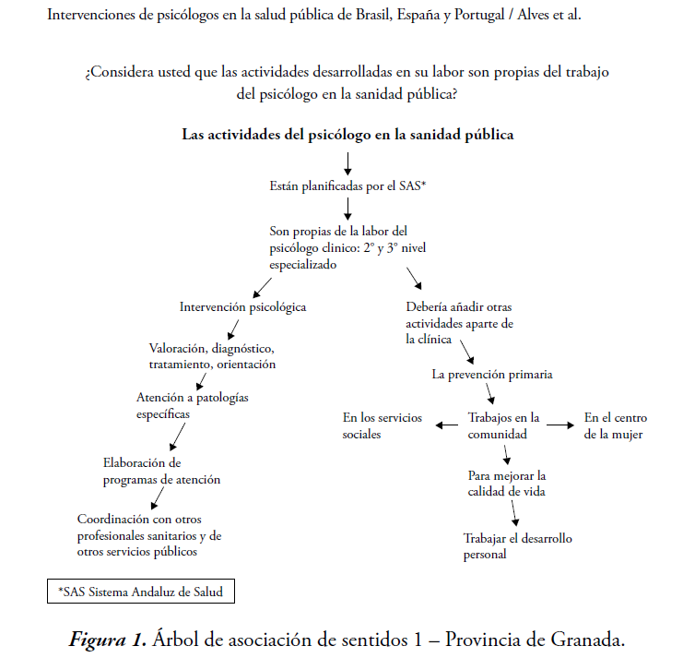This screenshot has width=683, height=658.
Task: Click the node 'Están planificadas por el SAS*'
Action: click(347, 185)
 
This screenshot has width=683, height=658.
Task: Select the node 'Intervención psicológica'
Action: click(242, 306)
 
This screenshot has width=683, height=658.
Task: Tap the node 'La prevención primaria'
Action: click(492, 375)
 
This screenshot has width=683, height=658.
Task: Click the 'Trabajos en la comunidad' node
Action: click(503, 425)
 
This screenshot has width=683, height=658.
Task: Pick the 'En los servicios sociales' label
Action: click(383, 425)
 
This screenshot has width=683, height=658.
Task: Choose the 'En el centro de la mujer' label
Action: click(613, 425)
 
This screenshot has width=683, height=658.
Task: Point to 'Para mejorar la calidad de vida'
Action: click(506, 483)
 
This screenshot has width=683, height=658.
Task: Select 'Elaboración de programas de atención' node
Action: click(161, 471)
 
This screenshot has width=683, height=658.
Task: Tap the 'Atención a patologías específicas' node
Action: click(192, 405)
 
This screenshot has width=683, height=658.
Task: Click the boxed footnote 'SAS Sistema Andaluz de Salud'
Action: click(140, 591)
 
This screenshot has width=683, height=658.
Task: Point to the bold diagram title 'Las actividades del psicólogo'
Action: click(347, 134)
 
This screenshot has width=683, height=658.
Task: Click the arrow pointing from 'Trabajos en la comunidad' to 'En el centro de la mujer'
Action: click(558, 425)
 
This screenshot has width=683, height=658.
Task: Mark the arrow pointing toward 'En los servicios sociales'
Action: click(447, 425)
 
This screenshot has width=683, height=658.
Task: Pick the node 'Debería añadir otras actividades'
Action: click(458, 323)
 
